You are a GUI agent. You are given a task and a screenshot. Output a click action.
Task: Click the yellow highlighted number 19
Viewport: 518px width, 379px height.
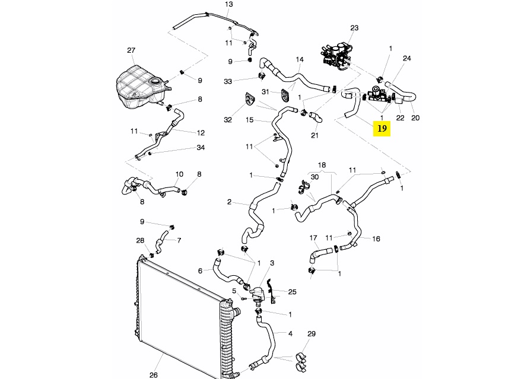(382, 129)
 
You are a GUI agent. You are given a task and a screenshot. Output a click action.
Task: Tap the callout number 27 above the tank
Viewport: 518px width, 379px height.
(131, 50)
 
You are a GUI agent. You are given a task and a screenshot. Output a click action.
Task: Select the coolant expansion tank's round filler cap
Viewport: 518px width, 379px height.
(155, 81)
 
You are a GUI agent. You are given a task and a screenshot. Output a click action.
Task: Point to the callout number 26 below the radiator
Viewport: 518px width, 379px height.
(154, 375)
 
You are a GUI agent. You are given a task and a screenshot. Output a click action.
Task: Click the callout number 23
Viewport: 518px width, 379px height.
(354, 28)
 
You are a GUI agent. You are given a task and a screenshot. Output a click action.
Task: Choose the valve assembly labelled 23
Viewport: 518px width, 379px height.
(335, 56)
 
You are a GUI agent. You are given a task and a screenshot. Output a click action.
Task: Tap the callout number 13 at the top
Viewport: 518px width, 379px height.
(228, 4)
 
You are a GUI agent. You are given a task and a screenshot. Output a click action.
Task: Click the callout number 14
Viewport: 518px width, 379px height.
(300, 60)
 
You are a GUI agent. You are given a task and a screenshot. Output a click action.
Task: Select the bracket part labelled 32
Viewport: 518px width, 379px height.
(250, 98)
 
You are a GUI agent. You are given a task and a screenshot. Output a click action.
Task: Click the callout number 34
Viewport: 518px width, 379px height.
(201, 148)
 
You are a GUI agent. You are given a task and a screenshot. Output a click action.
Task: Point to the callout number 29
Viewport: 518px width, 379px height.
(312, 334)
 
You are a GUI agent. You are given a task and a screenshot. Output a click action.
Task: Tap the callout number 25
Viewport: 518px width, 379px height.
(293, 292)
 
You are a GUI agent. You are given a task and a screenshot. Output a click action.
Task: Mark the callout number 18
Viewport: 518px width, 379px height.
(322, 165)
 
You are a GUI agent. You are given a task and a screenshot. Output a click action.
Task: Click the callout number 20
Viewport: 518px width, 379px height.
(415, 118)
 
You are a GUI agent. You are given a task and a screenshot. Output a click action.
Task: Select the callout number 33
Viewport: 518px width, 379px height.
(228, 81)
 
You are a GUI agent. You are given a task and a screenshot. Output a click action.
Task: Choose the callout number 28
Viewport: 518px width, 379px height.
(141, 240)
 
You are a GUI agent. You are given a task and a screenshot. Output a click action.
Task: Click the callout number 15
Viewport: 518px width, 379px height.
(250, 120)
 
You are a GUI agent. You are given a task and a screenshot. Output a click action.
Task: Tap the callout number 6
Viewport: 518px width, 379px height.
(200, 271)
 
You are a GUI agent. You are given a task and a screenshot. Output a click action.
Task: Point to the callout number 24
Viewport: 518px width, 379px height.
(406, 59)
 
